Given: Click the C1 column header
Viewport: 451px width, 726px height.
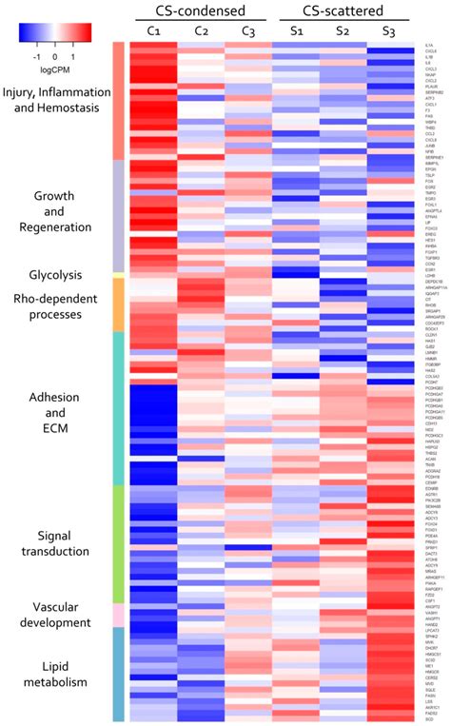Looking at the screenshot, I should [x=152, y=31].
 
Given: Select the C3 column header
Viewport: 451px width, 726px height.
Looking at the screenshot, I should [x=247, y=31].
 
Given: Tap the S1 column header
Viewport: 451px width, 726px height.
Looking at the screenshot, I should [x=296, y=31].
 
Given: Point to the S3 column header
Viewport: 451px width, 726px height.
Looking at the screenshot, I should [x=391, y=31].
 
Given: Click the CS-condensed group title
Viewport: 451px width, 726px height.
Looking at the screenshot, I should [x=200, y=10].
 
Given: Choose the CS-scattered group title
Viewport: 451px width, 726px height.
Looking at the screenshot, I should [x=344, y=10].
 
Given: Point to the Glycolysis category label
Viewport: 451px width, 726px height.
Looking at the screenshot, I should [x=56, y=275].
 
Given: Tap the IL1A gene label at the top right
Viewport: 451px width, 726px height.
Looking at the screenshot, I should [x=430, y=45].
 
